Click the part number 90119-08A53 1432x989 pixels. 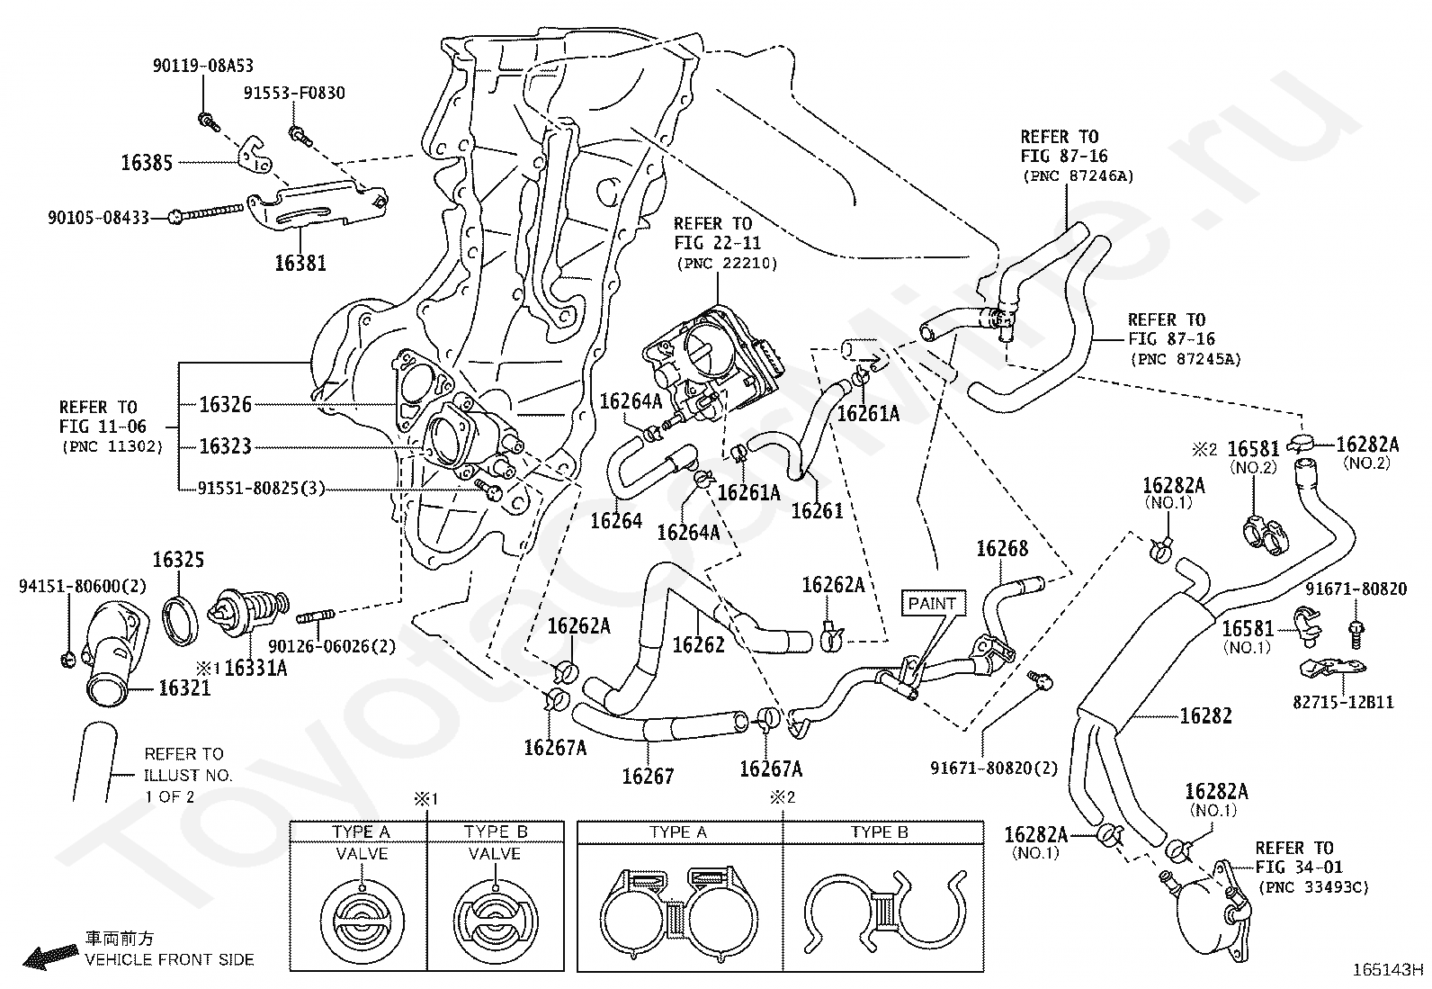(203, 66)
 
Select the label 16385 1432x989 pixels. (148, 163)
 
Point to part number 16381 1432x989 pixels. (300, 263)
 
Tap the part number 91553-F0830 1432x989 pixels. (294, 93)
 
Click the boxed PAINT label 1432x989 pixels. (933, 603)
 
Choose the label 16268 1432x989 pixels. (1002, 548)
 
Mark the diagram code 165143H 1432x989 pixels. (1389, 971)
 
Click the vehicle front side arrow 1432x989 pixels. (49, 958)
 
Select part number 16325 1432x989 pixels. (178, 560)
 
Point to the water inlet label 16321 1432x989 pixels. (184, 688)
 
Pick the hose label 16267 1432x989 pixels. (648, 775)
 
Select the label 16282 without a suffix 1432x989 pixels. (1205, 716)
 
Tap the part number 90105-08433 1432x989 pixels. (99, 218)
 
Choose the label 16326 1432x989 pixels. (226, 405)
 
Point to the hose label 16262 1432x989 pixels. (698, 643)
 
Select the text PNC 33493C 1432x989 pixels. (1314, 887)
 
